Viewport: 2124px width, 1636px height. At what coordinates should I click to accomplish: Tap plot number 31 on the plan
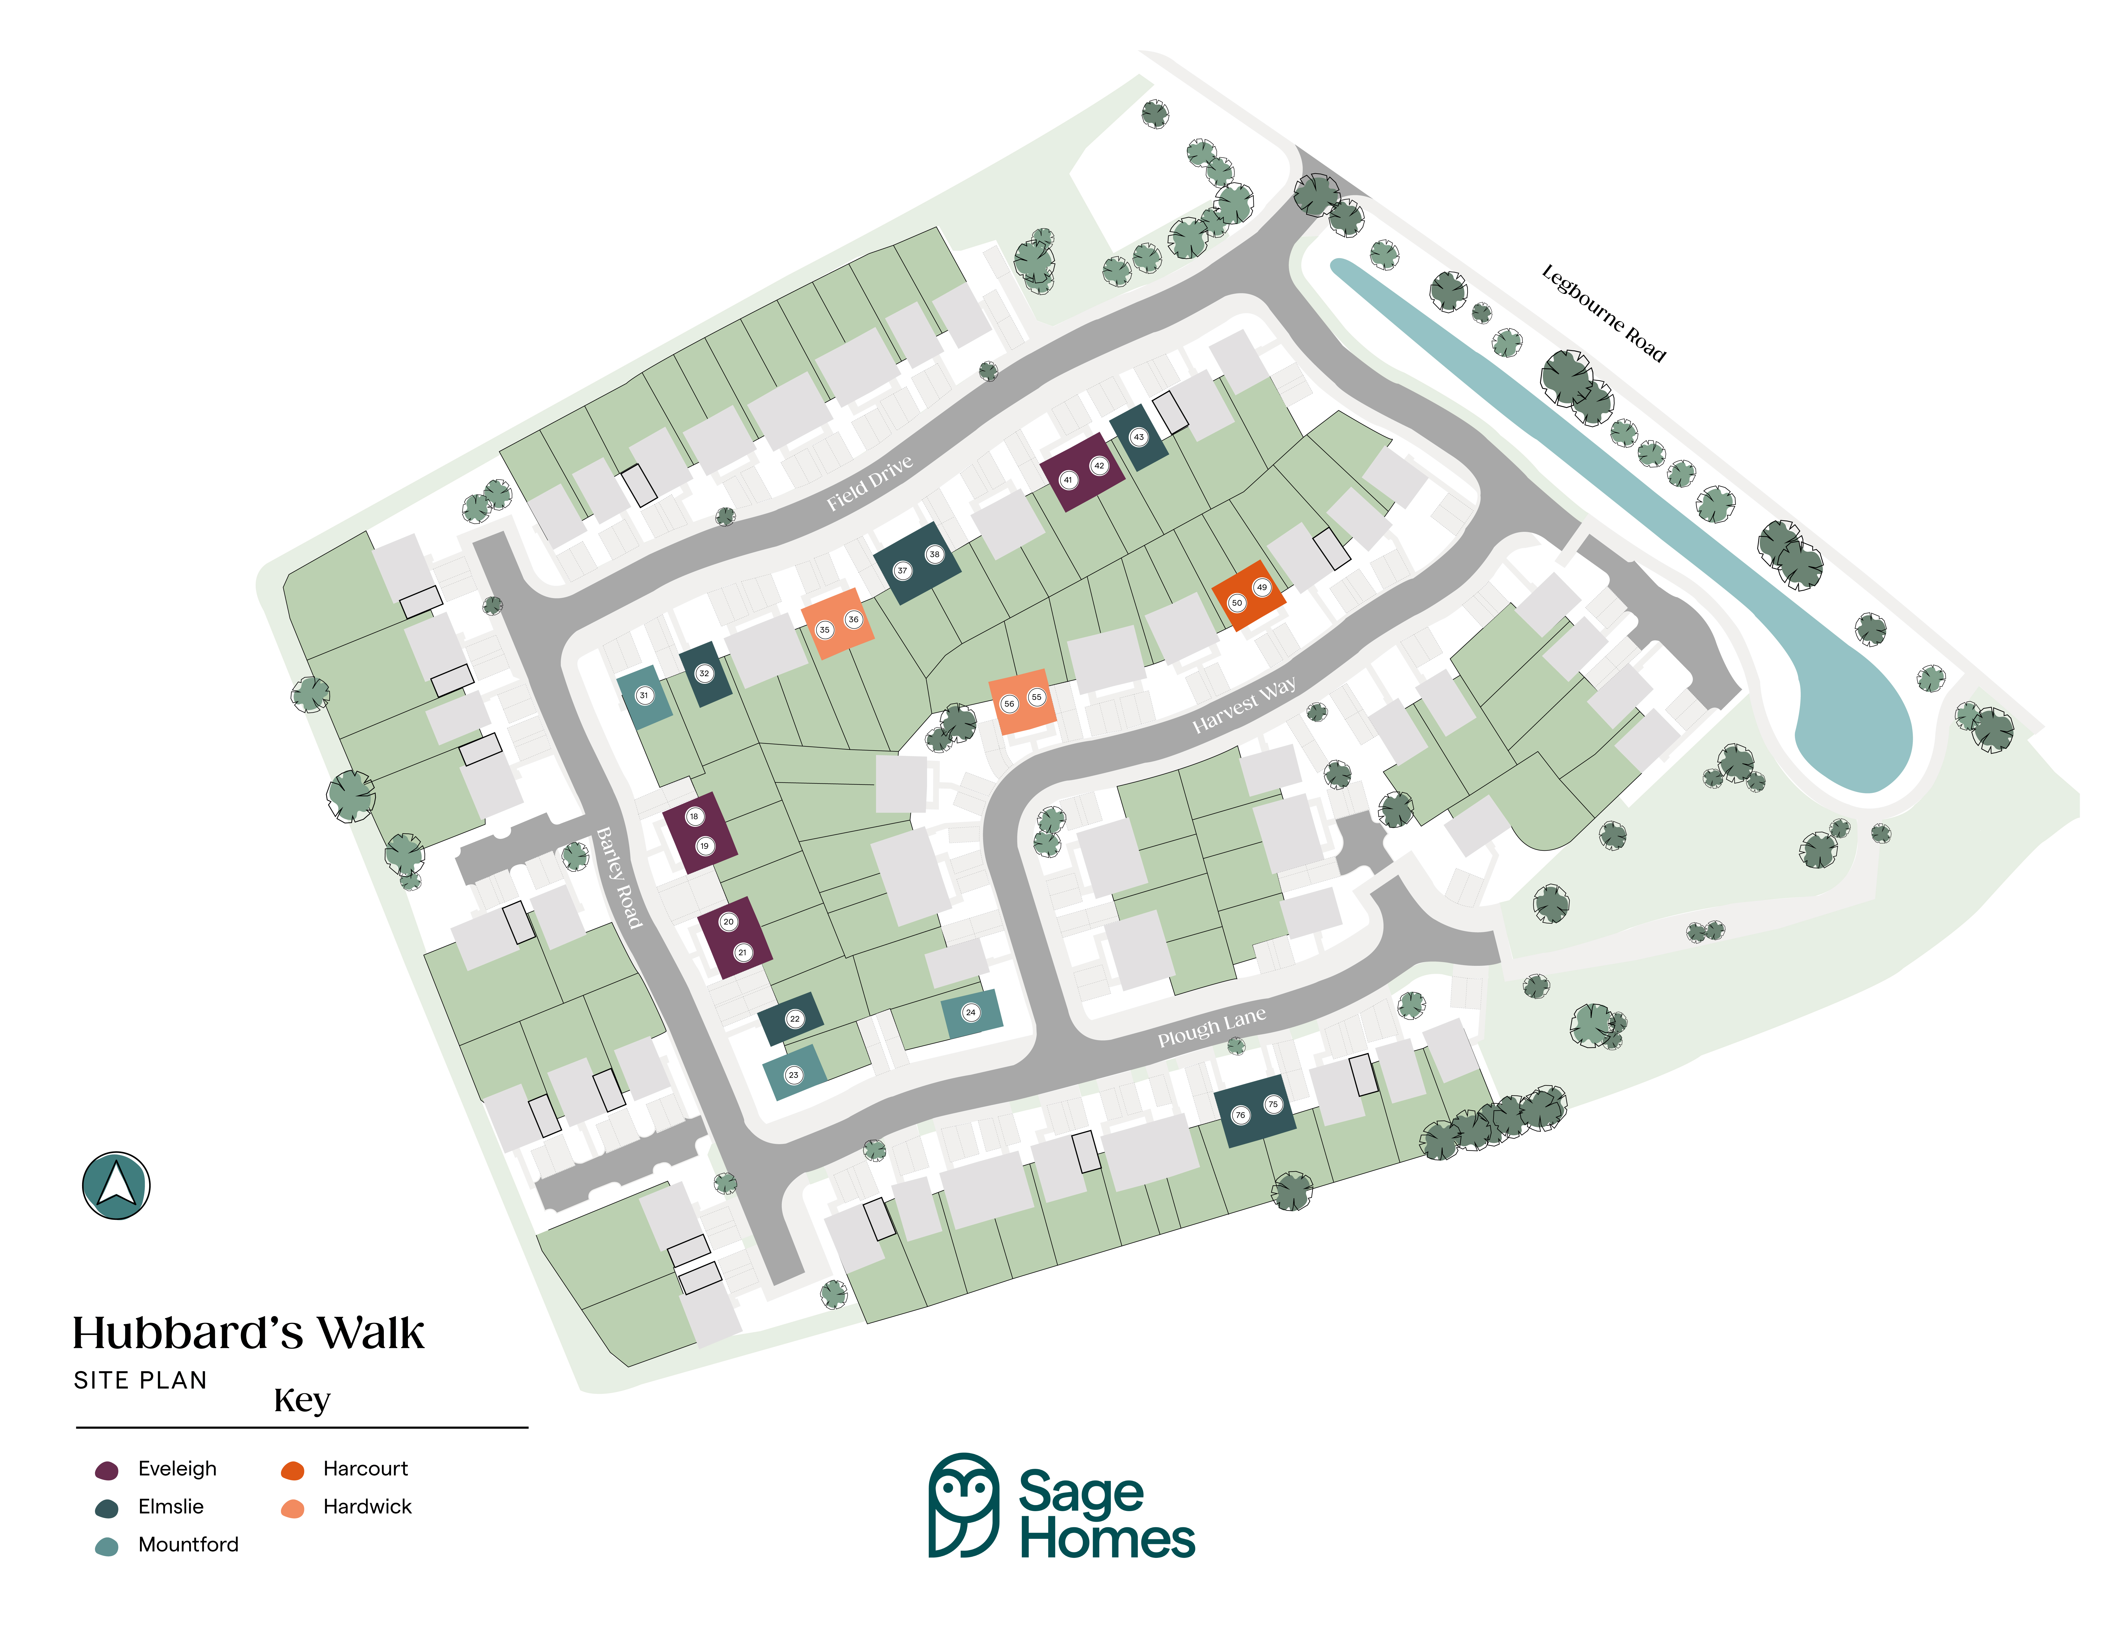pos(644,695)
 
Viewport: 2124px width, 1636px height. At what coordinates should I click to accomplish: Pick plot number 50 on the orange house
pos(1237,603)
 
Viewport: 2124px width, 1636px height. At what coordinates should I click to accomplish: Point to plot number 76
pos(1240,1115)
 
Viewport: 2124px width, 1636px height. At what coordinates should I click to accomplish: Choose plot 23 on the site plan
pos(794,1075)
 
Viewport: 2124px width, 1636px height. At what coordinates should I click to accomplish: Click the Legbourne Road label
pos(1604,313)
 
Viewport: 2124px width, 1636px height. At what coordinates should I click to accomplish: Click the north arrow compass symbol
pos(116,1185)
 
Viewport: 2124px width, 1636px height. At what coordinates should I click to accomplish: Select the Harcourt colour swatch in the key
pos(293,1470)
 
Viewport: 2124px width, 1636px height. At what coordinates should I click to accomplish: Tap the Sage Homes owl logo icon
pos(964,1505)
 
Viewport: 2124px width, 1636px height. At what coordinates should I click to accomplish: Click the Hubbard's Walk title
pos(248,1333)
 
